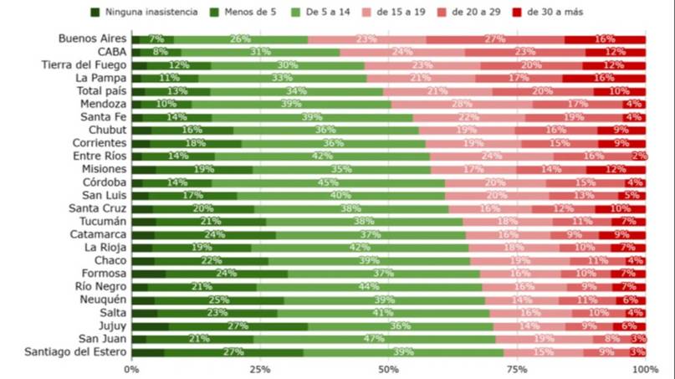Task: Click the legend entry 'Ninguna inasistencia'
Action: point(143,13)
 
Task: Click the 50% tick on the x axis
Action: point(388,369)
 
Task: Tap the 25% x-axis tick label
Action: point(260,369)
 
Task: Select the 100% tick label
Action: point(645,369)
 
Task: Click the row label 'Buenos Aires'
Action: point(93,39)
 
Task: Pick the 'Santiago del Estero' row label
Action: point(76,352)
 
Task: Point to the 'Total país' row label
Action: point(101,91)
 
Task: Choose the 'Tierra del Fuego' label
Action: point(85,65)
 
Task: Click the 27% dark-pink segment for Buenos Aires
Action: point(495,39)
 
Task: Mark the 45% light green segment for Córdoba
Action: point(328,182)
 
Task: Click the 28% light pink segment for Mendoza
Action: point(462,104)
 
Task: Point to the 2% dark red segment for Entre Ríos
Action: point(640,156)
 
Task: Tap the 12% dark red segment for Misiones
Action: point(616,169)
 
